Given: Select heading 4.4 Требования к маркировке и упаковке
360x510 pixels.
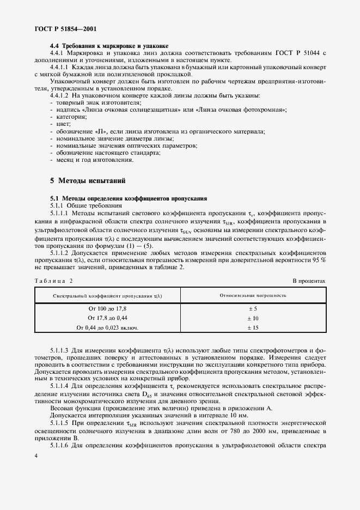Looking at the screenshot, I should click(109, 46).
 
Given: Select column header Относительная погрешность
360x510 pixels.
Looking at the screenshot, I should click(253, 295).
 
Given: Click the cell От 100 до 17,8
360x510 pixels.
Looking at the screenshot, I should click(107, 309).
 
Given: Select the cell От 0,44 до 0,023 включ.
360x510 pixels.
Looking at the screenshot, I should click(107, 327).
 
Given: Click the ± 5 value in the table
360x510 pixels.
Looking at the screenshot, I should click(253, 309).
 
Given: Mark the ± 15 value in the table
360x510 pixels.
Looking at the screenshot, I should click(253, 327).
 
